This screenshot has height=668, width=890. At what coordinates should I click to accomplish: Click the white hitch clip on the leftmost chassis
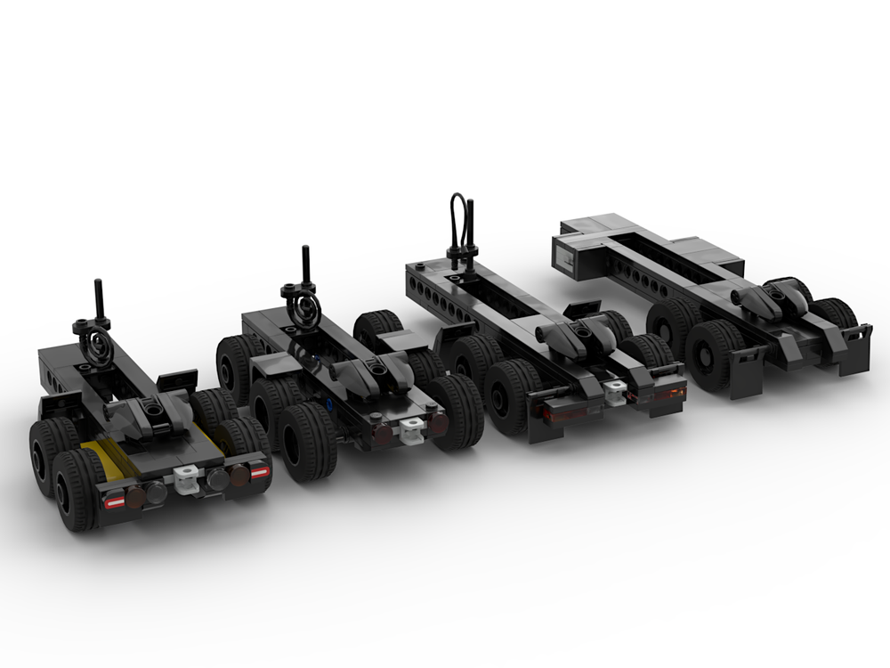point(185,480)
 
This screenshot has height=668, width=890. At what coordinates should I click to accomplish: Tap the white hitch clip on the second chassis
point(410,431)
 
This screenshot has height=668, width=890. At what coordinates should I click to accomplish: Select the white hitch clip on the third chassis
point(614,387)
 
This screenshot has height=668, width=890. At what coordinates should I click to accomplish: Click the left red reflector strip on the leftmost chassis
point(116,502)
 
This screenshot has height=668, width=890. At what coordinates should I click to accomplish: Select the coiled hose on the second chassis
point(304,308)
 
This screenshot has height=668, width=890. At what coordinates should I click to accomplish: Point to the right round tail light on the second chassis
point(437,425)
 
